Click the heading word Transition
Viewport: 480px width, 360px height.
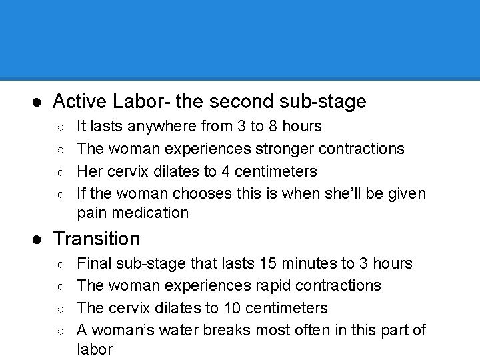click(x=97, y=239)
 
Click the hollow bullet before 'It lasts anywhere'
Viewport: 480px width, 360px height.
click(x=60, y=126)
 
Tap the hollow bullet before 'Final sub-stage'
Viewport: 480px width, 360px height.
click(x=60, y=264)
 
